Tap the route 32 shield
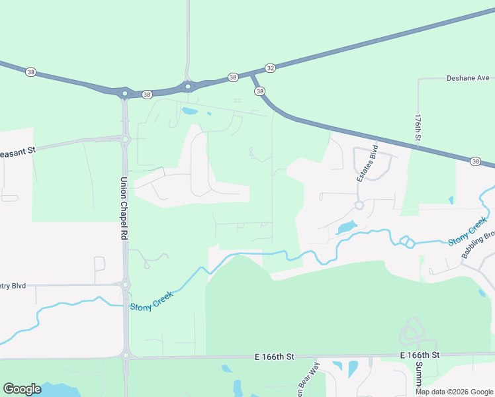[270, 67]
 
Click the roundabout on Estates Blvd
[359, 205]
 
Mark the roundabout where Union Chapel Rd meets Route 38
[124, 93]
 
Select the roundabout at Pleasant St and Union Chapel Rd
[125, 139]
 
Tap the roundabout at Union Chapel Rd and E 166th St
[126, 356]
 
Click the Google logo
[22, 388]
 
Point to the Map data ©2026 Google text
[454, 392]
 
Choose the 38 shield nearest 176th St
[475, 161]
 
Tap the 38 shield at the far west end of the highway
[30, 71]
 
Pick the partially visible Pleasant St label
[18, 150]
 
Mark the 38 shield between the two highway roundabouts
[147, 94]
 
